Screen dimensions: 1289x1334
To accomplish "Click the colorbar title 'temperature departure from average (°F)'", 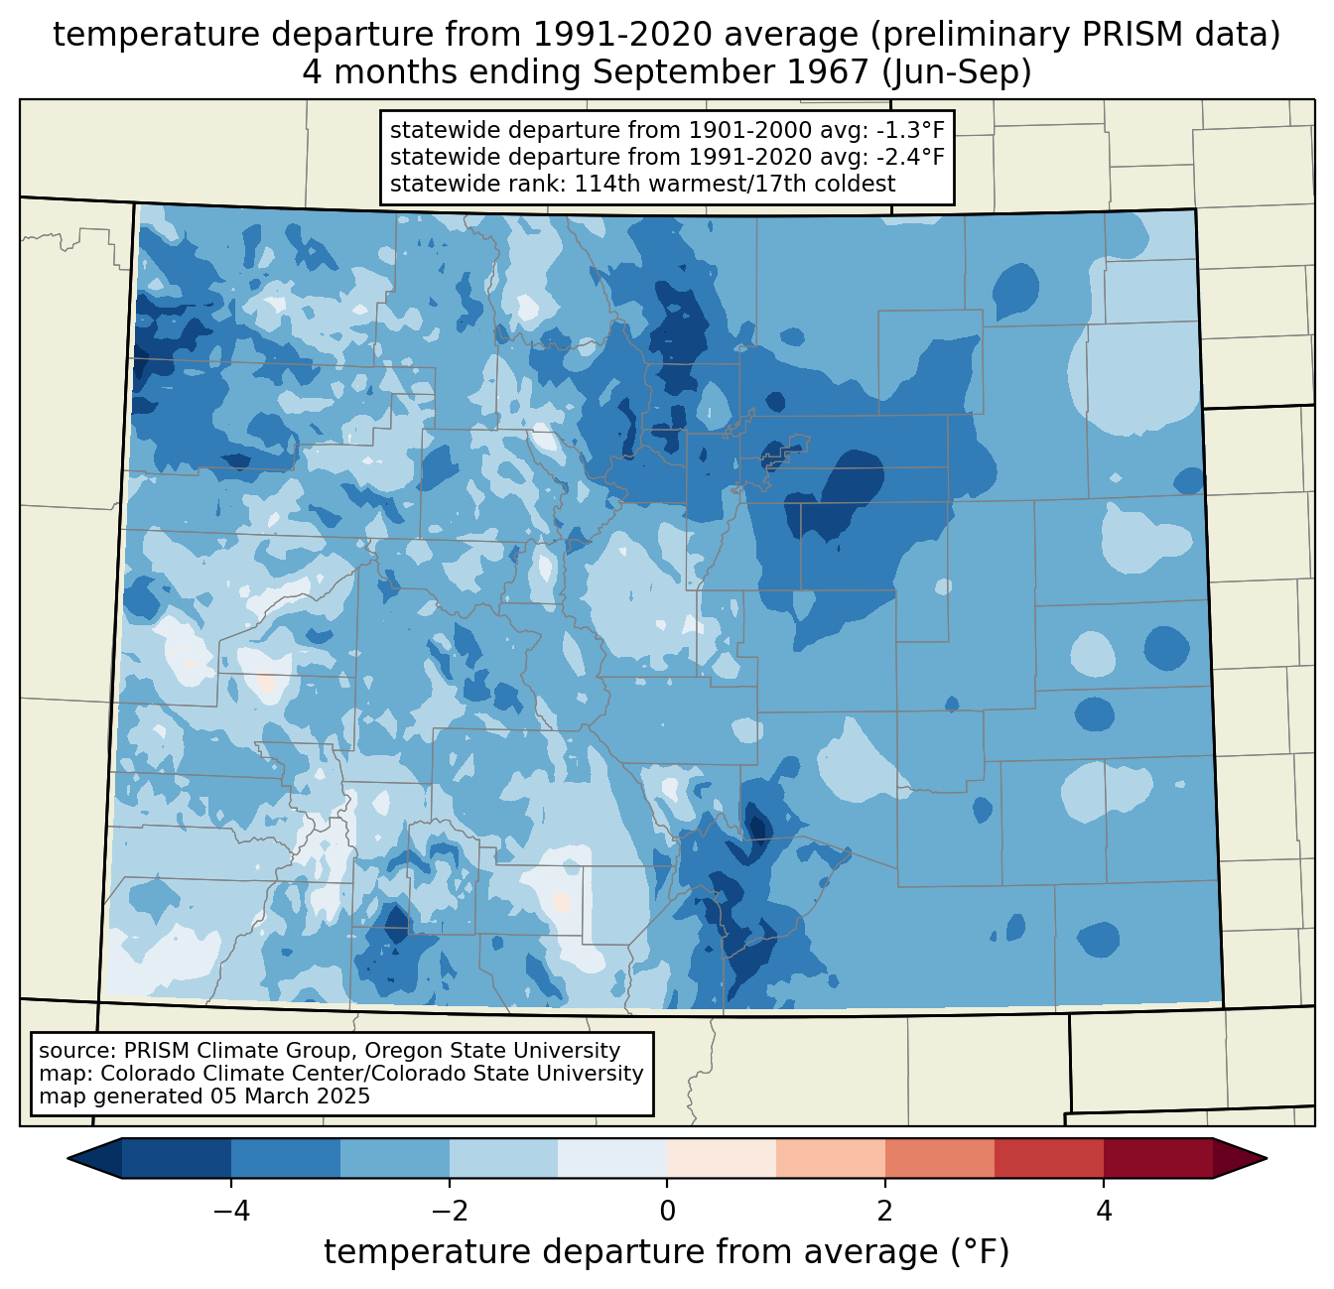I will click(x=667, y=1252).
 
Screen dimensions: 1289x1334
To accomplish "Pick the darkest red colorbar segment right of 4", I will click(x=1157, y=1158).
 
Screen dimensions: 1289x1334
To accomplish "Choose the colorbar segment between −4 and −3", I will click(x=286, y=1158).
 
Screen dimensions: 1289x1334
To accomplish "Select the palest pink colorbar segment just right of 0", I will click(x=722, y=1158).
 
